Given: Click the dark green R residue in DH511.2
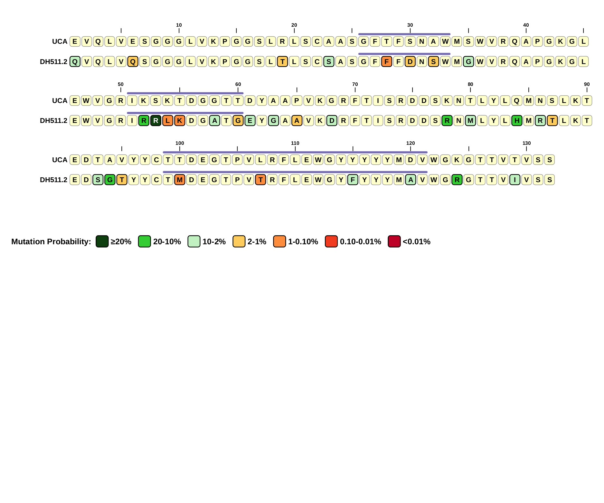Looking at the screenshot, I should pyautogui.click(x=156, y=121).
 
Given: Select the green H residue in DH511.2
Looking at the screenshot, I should pyautogui.click(x=517, y=121).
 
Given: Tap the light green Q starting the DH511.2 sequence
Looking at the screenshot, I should pyautogui.click(x=75, y=61).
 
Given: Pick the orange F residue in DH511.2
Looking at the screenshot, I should pyautogui.click(x=387, y=61).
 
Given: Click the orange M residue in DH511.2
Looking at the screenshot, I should pyautogui.click(x=180, y=180).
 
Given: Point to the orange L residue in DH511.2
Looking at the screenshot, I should pyautogui.click(x=168, y=121).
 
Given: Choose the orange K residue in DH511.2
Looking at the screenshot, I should pyautogui.click(x=180, y=121).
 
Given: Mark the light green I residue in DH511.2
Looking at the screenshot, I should pyautogui.click(x=515, y=180).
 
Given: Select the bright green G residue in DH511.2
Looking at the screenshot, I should pyautogui.click(x=110, y=180).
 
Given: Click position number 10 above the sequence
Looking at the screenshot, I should pyautogui.click(x=179, y=25).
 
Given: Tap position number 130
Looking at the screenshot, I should pyautogui.click(x=526, y=143).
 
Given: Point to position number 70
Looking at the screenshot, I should pyautogui.click(x=355, y=84).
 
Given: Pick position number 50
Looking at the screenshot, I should pyautogui.click(x=121, y=84).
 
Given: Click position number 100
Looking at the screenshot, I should pyautogui.click(x=180, y=143).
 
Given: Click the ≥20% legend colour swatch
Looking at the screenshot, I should pyautogui.click(x=102, y=241).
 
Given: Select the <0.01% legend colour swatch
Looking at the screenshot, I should pyautogui.click(x=394, y=241).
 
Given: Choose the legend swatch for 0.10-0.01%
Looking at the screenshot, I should pyautogui.click(x=331, y=241).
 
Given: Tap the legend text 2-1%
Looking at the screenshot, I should pyautogui.click(x=257, y=242).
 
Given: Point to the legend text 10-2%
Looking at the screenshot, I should pyautogui.click(x=214, y=242).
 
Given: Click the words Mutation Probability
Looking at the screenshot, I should pyautogui.click(x=51, y=242).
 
